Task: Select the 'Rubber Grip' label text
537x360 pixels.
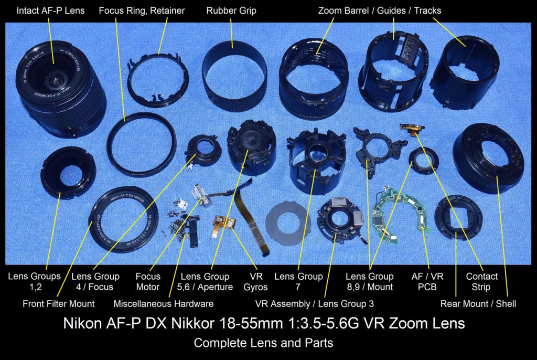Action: point(231,10)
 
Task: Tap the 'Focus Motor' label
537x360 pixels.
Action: point(148,281)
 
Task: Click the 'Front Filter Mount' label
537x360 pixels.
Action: point(59,303)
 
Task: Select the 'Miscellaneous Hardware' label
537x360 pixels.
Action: point(164,303)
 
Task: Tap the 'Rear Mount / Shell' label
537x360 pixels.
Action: point(478,303)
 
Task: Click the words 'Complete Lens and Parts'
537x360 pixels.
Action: point(263,343)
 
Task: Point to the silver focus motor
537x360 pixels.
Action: point(200,197)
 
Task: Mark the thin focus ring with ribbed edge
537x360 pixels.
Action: point(142,144)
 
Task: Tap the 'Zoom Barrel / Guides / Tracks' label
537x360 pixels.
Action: point(380,10)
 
